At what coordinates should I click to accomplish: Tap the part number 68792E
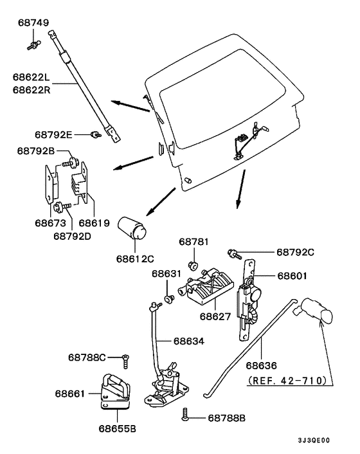(x=53, y=134)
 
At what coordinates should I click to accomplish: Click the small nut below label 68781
(x=191, y=265)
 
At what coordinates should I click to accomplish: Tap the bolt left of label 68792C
(x=234, y=253)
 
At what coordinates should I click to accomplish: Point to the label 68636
(x=262, y=364)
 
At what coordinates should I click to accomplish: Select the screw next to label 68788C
(x=127, y=357)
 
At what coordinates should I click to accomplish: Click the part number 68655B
(x=117, y=427)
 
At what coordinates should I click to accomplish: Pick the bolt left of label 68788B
(x=186, y=416)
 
